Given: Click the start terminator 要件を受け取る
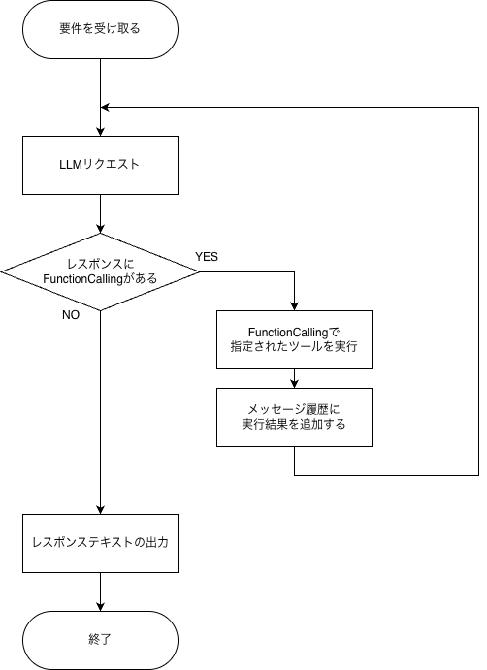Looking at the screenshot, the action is (x=100, y=29).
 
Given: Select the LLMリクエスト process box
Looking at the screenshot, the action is (x=100, y=166).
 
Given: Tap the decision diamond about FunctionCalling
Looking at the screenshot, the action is (x=100, y=271).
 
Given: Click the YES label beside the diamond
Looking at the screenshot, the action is (x=207, y=257).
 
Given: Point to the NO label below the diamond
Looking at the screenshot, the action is (x=71, y=315).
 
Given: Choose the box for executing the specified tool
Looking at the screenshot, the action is (x=294, y=339).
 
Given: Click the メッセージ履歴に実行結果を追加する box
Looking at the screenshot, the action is (x=294, y=418).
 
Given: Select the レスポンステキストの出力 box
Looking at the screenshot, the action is (x=100, y=544).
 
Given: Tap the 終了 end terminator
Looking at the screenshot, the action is (x=100, y=640).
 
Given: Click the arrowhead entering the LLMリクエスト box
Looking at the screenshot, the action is (x=100, y=132).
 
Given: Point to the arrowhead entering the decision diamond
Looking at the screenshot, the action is (x=100, y=229).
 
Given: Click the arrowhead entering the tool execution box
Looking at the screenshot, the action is (x=294, y=306).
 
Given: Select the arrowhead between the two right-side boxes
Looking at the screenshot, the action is (x=294, y=384).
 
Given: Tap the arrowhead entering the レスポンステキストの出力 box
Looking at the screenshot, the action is (x=100, y=510).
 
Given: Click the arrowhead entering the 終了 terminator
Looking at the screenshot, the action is (x=100, y=607).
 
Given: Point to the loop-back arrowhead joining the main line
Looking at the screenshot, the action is (x=105, y=108).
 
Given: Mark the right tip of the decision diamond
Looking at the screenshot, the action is (x=200, y=271).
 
